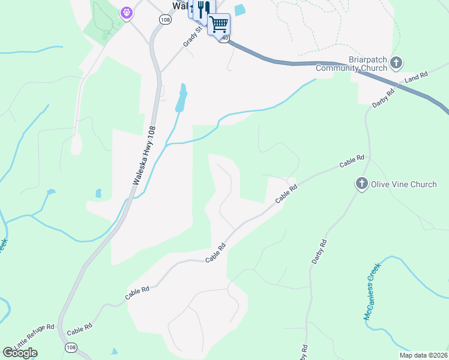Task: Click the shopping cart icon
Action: coord(219,24)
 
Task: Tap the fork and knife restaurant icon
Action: coord(203,9)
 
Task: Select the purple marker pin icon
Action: coord(126,12)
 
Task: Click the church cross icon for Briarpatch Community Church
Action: coord(396,62)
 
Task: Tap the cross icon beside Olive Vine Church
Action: coord(362,184)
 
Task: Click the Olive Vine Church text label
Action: coord(404,184)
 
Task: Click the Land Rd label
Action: coord(415,78)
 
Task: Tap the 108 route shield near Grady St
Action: coord(164,19)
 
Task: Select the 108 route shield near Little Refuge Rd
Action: coord(71,347)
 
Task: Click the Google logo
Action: coord(20,353)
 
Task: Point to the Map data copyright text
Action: coord(423,355)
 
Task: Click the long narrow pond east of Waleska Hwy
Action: coord(181,98)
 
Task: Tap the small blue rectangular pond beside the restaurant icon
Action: coord(240,10)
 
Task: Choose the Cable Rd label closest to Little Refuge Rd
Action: coord(79,330)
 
